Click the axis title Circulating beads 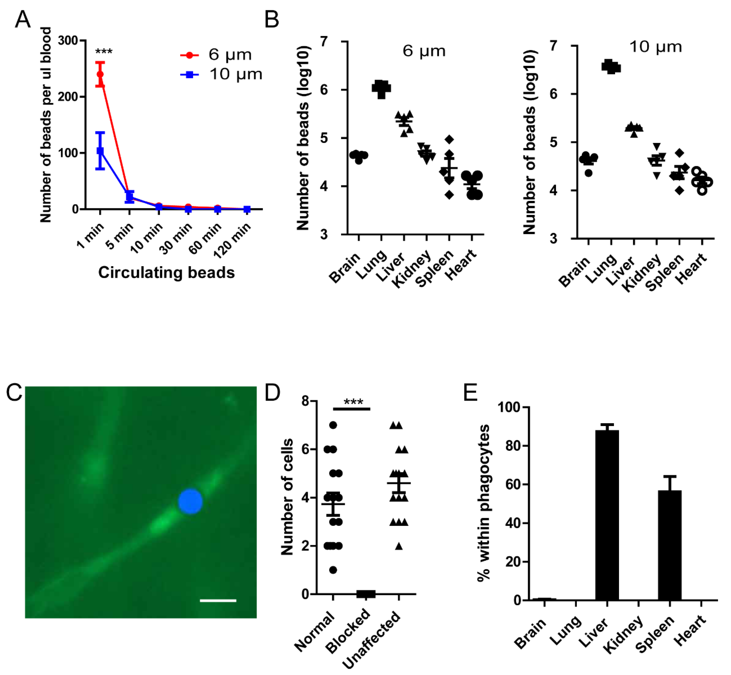click(x=166, y=273)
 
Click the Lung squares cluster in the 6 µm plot click(x=381, y=88)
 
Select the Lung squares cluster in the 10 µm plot click(x=611, y=67)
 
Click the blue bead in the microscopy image click(x=190, y=502)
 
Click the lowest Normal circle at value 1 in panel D click(x=333, y=570)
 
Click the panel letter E click(x=471, y=393)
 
